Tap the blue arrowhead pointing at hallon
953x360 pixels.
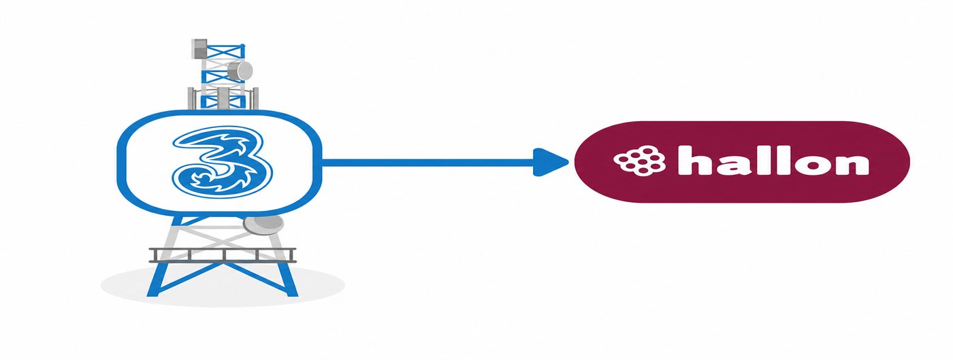551,162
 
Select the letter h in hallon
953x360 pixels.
694,160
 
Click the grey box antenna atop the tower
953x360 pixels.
199,48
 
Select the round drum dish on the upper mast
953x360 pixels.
240,71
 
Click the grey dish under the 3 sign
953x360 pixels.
263,225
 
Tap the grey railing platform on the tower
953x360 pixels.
223,255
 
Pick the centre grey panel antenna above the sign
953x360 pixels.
223,99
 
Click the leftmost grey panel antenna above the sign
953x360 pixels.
191,98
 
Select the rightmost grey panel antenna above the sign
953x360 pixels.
255,98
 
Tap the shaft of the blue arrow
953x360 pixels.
427,162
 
